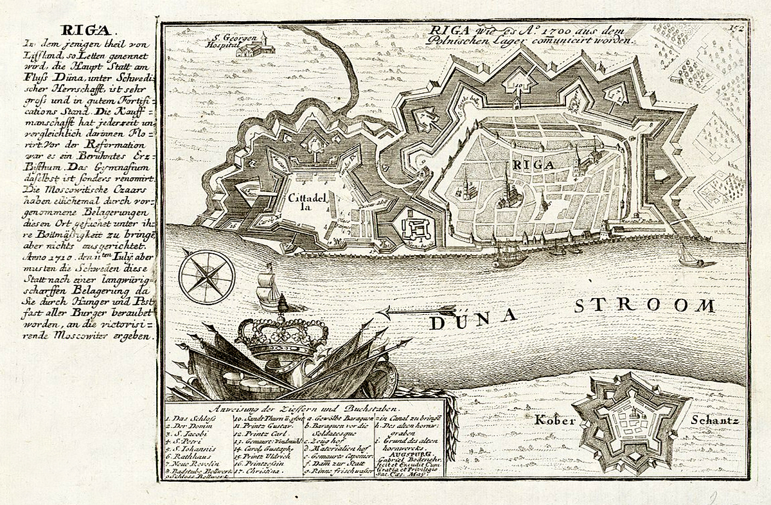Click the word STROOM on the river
[x=642, y=305]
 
